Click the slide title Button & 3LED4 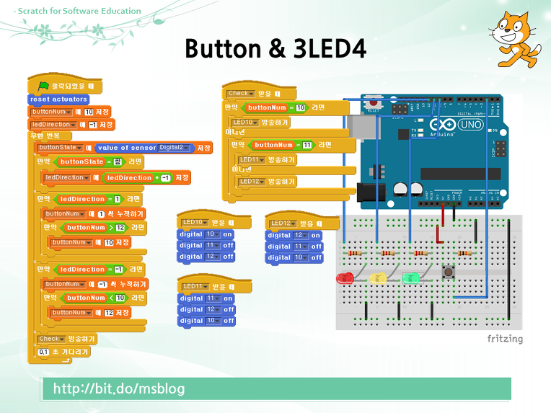click(x=275, y=48)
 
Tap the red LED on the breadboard click(x=345, y=278)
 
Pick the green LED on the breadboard click(x=410, y=277)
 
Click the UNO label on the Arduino click(x=471, y=124)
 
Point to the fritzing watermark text click(x=504, y=339)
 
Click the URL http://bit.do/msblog click(x=119, y=389)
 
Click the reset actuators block click(x=59, y=99)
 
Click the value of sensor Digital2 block click(x=144, y=148)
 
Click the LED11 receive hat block click(x=213, y=287)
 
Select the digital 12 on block click(x=294, y=236)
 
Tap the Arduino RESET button click(x=373, y=103)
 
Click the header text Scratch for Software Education click(x=77, y=11)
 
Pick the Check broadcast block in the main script click(x=66, y=339)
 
